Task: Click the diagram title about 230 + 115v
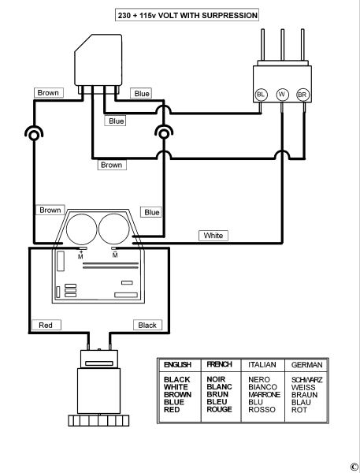tap(187, 15)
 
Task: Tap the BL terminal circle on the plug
tap(261, 95)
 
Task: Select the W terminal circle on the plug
tap(282, 95)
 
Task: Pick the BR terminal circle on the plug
tap(302, 95)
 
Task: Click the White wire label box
tap(213, 235)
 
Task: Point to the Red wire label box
tap(46, 325)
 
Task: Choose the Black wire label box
tap(148, 325)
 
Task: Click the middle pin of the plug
tap(283, 45)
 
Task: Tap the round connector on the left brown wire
tap(34, 134)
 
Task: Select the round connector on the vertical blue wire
tap(164, 133)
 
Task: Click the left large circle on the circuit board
tap(81, 229)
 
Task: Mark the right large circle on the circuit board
tap(114, 229)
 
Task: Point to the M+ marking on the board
tap(80, 255)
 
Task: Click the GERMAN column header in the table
tap(306, 365)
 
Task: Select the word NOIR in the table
tap(216, 379)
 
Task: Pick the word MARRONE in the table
tap(264, 395)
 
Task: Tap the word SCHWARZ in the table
tap(306, 379)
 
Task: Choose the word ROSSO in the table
tap(262, 410)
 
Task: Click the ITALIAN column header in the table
tap(262, 365)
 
